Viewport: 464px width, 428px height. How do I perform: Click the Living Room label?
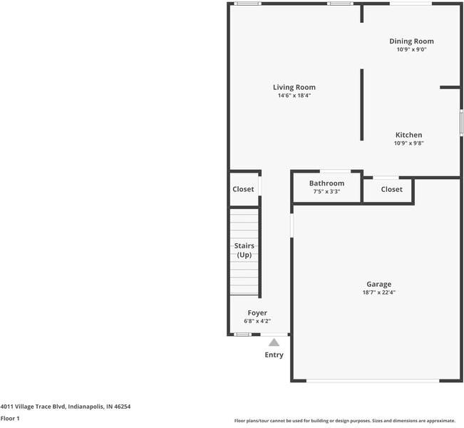pos(294,88)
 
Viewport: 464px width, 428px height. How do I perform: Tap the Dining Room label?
pos(411,41)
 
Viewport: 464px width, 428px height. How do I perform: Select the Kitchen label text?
pos(408,135)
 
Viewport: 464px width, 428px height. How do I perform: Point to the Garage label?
pos(378,284)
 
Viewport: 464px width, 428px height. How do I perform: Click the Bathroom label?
pos(326,183)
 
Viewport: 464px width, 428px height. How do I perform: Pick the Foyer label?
pos(257,313)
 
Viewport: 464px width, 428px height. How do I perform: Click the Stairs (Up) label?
pos(244,250)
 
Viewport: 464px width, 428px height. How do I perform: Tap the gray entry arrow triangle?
pos(274,342)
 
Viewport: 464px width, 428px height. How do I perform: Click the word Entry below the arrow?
pos(274,355)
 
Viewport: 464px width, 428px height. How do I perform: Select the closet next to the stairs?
pos(243,189)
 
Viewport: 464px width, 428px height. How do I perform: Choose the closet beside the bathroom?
pos(391,189)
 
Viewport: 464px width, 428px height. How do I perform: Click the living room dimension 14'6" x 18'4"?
pos(294,96)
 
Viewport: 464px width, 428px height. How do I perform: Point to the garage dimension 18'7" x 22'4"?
pos(378,292)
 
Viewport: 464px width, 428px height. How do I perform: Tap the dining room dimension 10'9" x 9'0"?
pos(411,50)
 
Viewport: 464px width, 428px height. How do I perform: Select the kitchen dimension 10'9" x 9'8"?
pos(408,143)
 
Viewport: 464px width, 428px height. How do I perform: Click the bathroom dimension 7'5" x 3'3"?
pos(326,191)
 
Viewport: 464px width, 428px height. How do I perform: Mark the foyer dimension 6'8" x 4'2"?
pos(257,321)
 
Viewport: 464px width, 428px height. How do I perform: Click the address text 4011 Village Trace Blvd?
pos(66,407)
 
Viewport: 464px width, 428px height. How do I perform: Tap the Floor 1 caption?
pos(10,419)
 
